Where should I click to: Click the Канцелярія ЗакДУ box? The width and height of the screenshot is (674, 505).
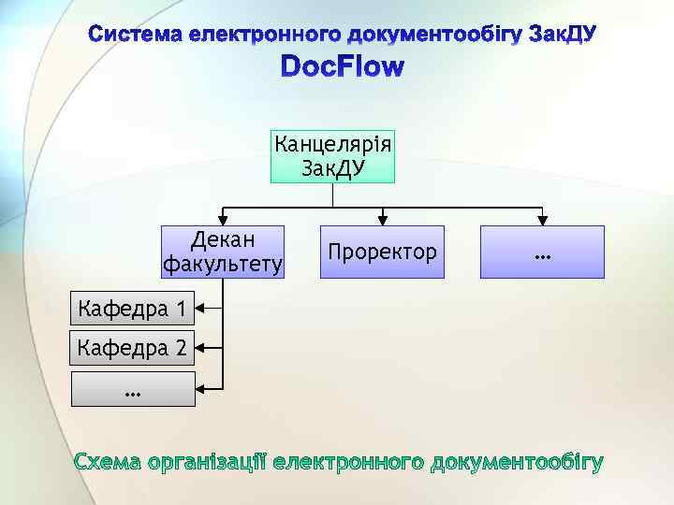pyautogui.click(x=332, y=156)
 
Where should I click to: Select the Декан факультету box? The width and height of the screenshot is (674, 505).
pyautogui.click(x=222, y=252)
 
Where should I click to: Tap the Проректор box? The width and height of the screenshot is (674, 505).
pyautogui.click(x=381, y=252)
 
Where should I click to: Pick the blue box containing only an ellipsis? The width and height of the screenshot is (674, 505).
pyautogui.click(x=541, y=252)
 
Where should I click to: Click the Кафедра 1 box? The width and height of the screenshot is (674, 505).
pyautogui.click(x=133, y=308)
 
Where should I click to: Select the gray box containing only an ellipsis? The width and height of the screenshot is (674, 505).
pyautogui.click(x=133, y=388)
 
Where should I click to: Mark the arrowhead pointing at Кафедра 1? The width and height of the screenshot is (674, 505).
pyautogui.click(x=201, y=308)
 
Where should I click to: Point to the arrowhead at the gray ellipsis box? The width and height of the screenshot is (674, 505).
pyautogui.click(x=201, y=388)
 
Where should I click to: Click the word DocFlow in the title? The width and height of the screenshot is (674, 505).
pyautogui.click(x=343, y=68)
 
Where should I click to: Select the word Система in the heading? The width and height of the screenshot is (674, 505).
pyautogui.click(x=135, y=36)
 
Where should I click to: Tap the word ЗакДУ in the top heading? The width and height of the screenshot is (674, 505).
pyautogui.click(x=562, y=36)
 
